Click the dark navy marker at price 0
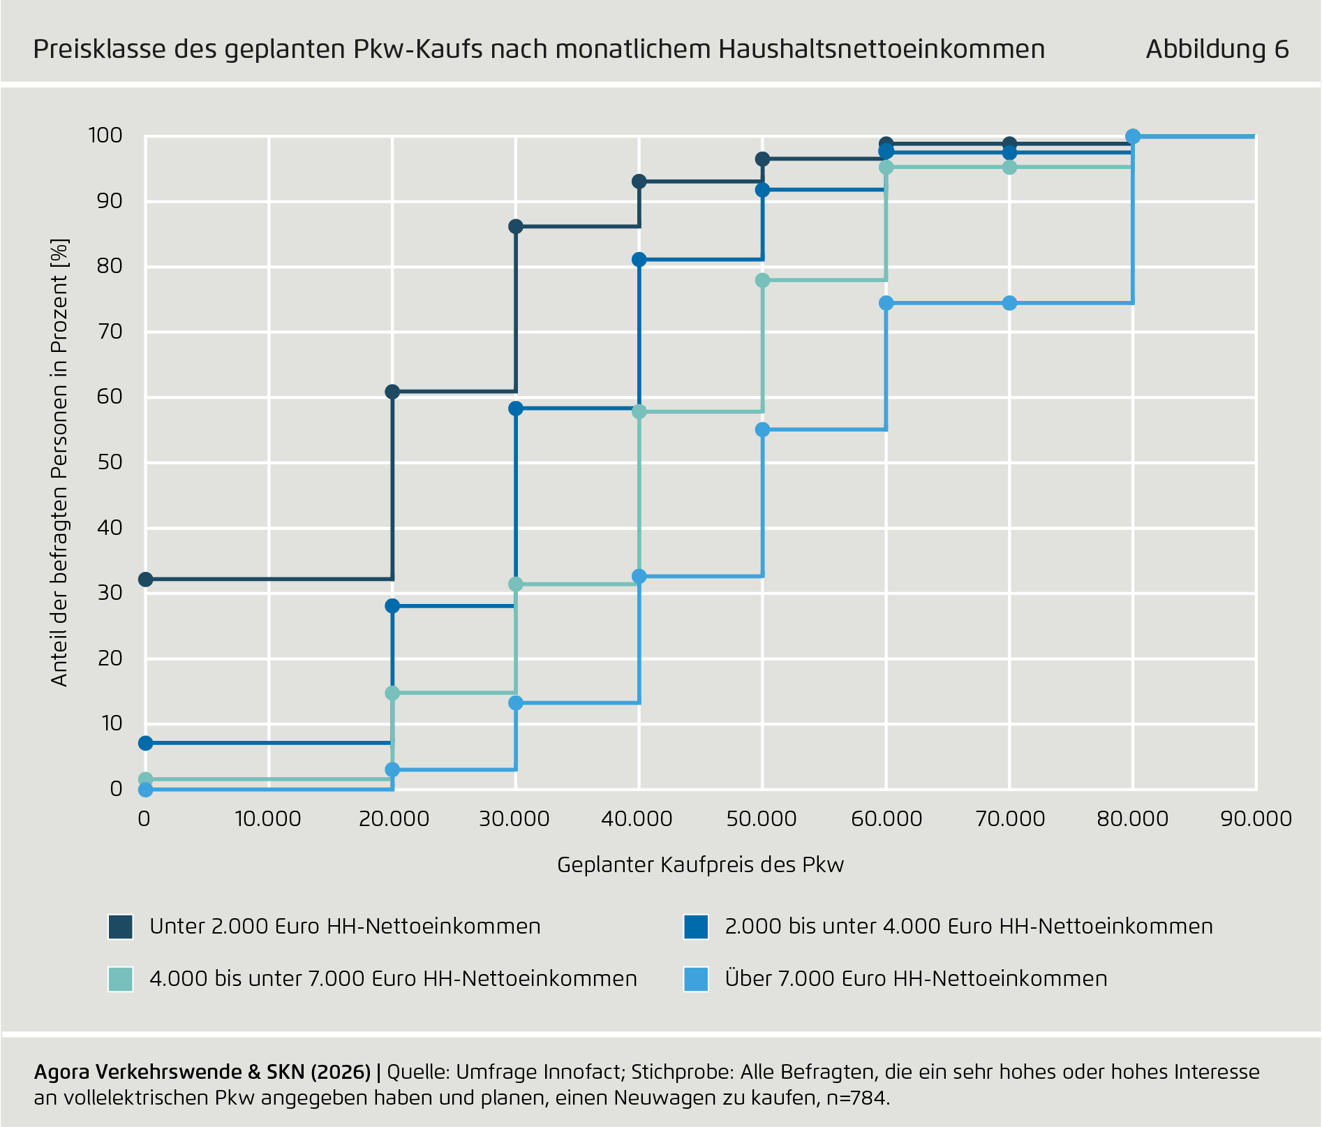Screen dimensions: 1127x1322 (145, 580)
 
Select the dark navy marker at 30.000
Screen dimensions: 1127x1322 (516, 226)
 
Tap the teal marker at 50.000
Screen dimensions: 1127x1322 (762, 280)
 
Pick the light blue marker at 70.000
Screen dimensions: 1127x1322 (1009, 303)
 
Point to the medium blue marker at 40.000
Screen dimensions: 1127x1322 (639, 260)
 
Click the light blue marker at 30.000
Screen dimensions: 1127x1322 (516, 702)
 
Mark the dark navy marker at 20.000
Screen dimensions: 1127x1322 (392, 392)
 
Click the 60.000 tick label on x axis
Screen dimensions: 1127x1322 (886, 818)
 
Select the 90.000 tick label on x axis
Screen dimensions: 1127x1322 (1256, 818)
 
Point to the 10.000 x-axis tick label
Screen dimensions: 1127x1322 (268, 818)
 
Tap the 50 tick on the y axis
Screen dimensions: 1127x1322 (110, 462)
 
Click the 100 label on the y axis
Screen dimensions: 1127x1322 (105, 135)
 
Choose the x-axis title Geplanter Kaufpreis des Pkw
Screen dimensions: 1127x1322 (700, 864)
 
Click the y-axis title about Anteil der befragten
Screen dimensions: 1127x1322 (60, 462)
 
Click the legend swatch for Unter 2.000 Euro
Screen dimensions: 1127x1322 (120, 927)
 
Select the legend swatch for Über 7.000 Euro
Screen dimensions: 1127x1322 (696, 979)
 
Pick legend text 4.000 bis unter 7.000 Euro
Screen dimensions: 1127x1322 (393, 979)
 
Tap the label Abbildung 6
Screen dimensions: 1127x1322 (1217, 49)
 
